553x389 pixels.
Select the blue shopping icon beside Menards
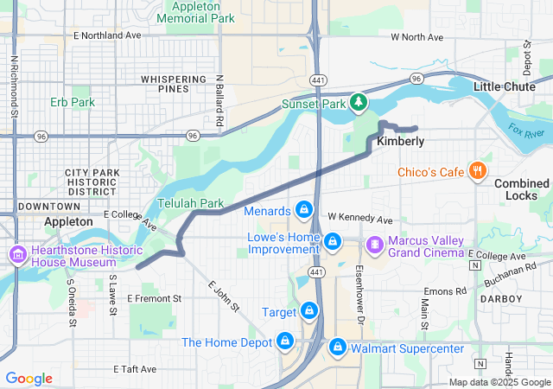tap(303, 210)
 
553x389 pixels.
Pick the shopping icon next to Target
tap(308, 310)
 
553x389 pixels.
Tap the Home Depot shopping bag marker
tap(284, 342)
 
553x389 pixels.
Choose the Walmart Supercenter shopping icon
tap(338, 348)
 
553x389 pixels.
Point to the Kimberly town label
tap(400, 141)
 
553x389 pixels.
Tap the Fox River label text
tap(526, 132)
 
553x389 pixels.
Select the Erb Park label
tap(72, 102)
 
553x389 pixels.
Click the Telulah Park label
tap(190, 203)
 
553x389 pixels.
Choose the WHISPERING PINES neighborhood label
tap(175, 84)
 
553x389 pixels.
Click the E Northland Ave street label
tap(107, 35)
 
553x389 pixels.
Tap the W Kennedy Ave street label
tap(359, 220)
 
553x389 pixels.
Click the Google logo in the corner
tap(29, 379)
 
